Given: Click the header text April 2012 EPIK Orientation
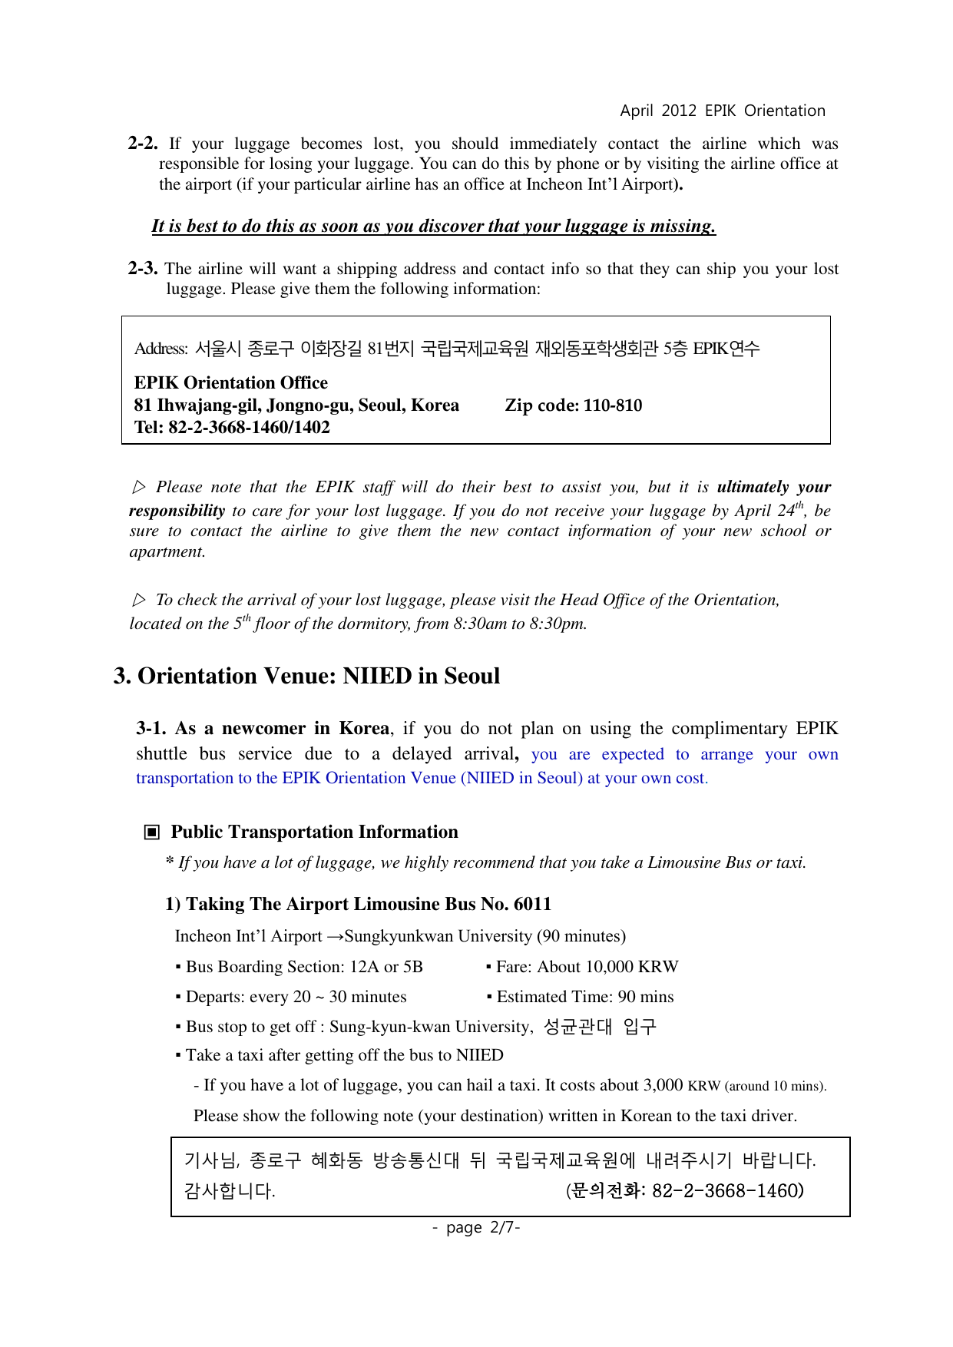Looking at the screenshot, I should (x=722, y=111).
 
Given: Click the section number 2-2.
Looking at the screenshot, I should (x=142, y=144).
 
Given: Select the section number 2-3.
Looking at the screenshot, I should (x=142, y=269).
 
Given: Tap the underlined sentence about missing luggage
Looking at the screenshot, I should (x=433, y=226).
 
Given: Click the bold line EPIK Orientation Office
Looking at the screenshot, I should (x=230, y=382).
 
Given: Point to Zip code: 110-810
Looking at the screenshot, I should (x=573, y=405).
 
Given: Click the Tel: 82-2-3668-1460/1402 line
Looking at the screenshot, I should (x=232, y=428).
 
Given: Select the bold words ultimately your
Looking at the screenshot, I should (x=773, y=487).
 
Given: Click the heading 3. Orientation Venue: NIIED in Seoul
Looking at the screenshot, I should (x=306, y=676).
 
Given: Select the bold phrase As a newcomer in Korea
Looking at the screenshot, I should (x=263, y=728).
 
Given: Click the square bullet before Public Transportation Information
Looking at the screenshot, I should (x=152, y=832).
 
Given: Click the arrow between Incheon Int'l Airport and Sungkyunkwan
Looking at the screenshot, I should (x=334, y=936).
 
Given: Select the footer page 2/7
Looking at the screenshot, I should (x=476, y=1227).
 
